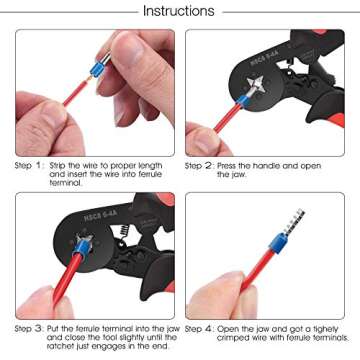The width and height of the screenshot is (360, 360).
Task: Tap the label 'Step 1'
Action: [29, 166]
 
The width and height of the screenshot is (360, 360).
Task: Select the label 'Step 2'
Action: [202, 166]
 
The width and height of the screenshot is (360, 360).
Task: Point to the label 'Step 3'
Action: [29, 328]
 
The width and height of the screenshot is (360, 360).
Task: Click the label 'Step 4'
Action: [202, 328]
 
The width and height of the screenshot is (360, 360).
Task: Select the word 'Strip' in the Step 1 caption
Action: [59, 166]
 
